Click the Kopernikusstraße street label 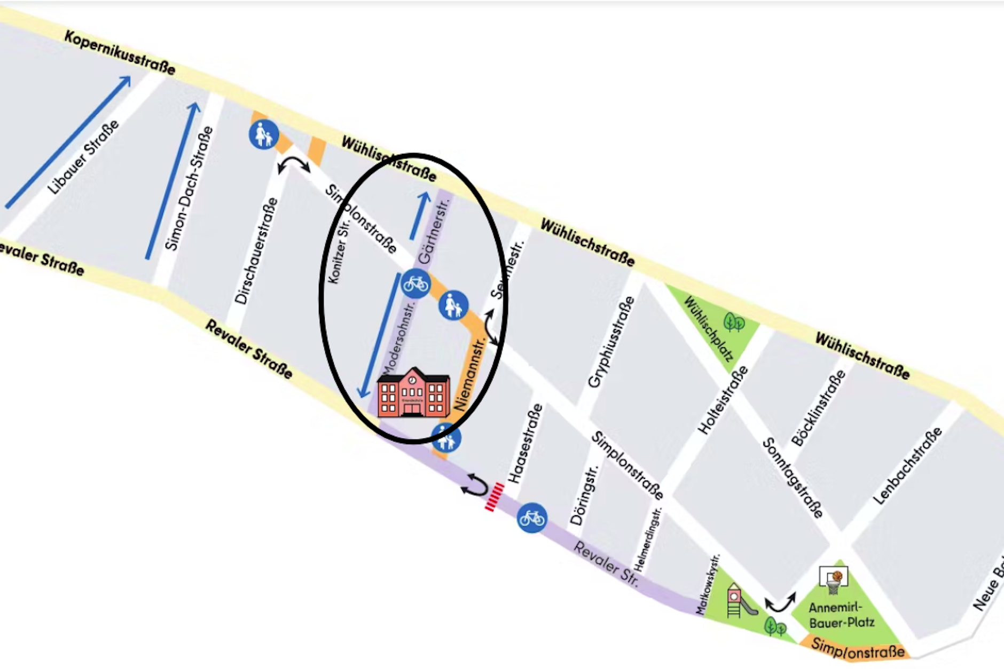click(120, 52)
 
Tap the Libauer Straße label click(83, 158)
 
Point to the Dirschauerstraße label click(256, 251)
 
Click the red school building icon click(413, 393)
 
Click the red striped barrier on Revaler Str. click(494, 497)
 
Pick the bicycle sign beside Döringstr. click(532, 517)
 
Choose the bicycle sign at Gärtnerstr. click(415, 284)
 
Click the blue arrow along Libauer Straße click(68, 141)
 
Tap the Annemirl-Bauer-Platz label click(841, 615)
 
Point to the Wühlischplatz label click(708, 328)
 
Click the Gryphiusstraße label click(611, 342)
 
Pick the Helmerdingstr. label click(648, 539)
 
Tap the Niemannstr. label click(469, 374)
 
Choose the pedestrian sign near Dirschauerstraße click(263, 134)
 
